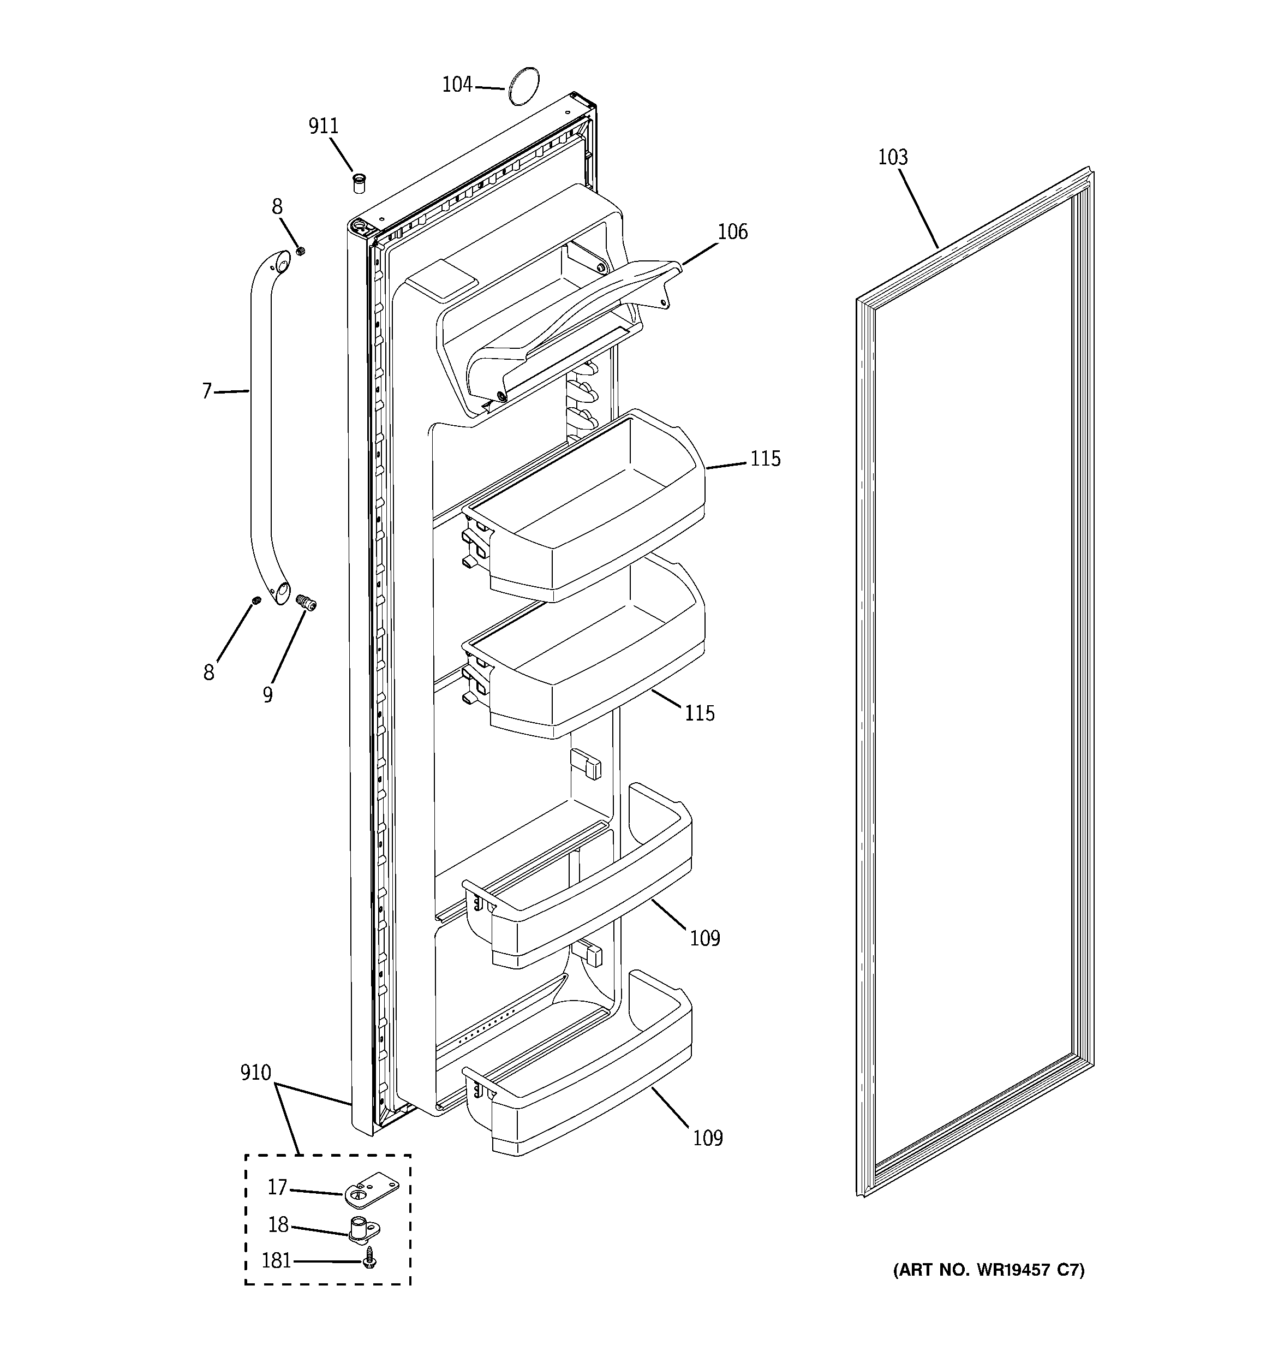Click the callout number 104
coord(457,85)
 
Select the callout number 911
coord(323,127)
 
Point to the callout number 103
coord(892,158)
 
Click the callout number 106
coord(732,233)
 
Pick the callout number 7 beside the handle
coord(207,391)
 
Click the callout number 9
coord(268,694)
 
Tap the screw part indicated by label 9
coord(307,603)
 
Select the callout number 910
coord(255,1073)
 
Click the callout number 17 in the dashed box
coord(277,1187)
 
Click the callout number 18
coord(278,1224)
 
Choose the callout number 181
coord(277,1261)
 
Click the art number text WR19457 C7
coord(988,1270)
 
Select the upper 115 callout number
coord(765,460)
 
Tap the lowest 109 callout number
coord(707,1138)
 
